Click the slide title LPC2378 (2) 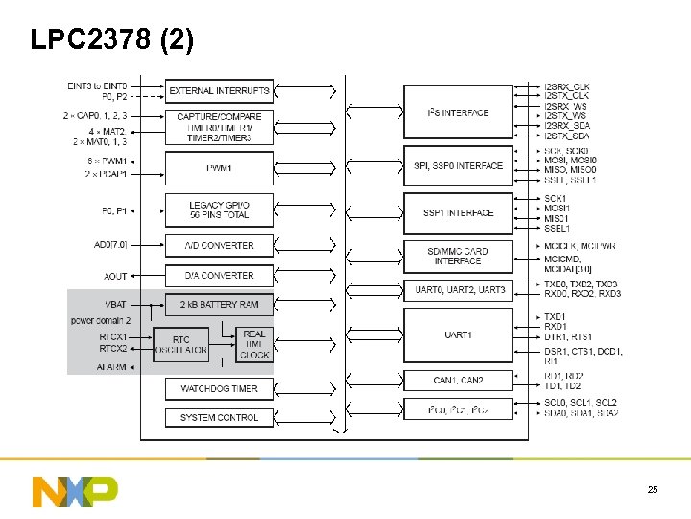pyautogui.click(x=111, y=39)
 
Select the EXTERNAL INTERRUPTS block pyautogui.click(x=219, y=90)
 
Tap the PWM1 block pyautogui.click(x=219, y=168)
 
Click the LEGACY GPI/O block pyautogui.click(x=219, y=210)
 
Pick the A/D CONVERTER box pyautogui.click(x=219, y=245)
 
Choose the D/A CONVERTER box pyautogui.click(x=219, y=275)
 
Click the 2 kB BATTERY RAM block pyautogui.click(x=219, y=305)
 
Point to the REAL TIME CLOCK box pyautogui.click(x=254, y=344)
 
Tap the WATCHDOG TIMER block pyautogui.click(x=219, y=388)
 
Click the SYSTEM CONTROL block pyautogui.click(x=219, y=417)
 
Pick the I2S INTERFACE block pyautogui.click(x=458, y=112)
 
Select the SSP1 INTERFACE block pyautogui.click(x=458, y=212)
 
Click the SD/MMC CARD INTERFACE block pyautogui.click(x=458, y=256)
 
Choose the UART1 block pyautogui.click(x=458, y=334)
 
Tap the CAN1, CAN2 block pyautogui.click(x=458, y=381)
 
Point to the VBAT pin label pyautogui.click(x=115, y=305)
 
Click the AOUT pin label pyautogui.click(x=115, y=276)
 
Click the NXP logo pyautogui.click(x=74, y=490)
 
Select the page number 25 pyautogui.click(x=653, y=490)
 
